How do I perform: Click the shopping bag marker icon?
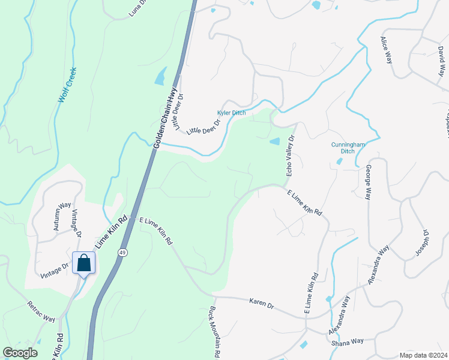(x=83, y=263)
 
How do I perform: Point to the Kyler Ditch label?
(x=231, y=113)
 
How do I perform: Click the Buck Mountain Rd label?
(x=214, y=332)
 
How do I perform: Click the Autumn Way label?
(x=62, y=217)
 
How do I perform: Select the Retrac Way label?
(x=41, y=312)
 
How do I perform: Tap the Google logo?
(x=20, y=353)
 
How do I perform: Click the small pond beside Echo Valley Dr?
(x=274, y=142)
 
